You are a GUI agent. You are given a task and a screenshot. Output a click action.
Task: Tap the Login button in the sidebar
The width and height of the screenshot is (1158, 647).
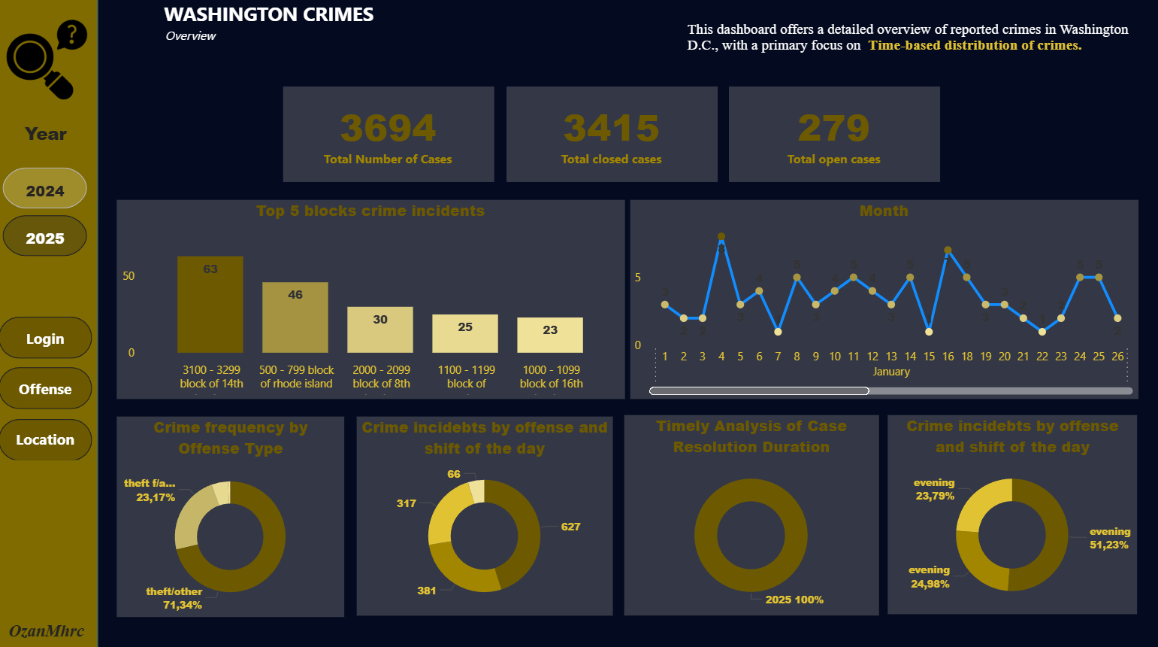(45, 339)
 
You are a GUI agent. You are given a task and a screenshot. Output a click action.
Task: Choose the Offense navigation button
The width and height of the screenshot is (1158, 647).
(45, 389)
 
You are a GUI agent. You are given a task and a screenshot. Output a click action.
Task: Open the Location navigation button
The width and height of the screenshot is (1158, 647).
(45, 439)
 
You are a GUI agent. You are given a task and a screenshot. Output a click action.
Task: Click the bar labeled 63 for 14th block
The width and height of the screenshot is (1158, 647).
(210, 305)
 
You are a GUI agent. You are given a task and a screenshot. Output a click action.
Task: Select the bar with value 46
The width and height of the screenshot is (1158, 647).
(295, 317)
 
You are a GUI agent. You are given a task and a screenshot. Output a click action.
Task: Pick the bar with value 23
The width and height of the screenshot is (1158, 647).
(550, 335)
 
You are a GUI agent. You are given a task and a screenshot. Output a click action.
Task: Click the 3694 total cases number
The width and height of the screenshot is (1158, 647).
(388, 128)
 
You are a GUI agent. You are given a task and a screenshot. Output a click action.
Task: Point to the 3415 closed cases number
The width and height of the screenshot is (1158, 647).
(611, 128)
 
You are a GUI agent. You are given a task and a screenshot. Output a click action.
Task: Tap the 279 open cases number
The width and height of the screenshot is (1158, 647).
(833, 128)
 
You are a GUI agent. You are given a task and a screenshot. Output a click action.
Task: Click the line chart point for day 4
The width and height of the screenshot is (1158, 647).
(721, 237)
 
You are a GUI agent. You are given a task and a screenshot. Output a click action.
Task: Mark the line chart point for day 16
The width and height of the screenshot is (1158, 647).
(948, 251)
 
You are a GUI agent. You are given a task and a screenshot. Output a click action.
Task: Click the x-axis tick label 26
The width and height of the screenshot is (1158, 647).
(1117, 357)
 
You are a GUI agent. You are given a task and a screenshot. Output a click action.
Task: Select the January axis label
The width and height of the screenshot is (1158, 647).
(891, 372)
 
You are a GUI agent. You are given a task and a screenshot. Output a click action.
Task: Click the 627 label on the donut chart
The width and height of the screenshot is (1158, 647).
(570, 527)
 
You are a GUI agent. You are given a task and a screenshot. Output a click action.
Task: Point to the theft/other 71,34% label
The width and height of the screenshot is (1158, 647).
(174, 598)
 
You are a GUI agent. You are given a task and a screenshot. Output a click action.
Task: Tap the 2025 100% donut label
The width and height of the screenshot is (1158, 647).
(794, 600)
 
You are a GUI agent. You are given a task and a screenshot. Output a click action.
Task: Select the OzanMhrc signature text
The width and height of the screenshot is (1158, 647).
(47, 631)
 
